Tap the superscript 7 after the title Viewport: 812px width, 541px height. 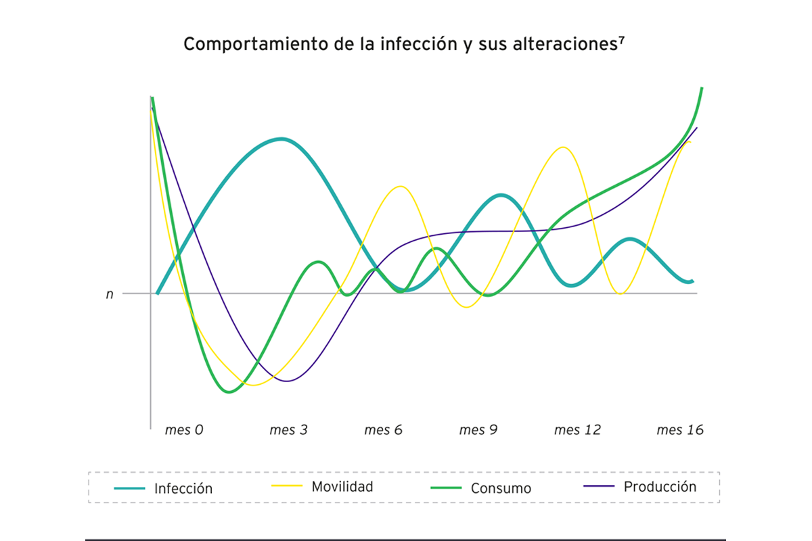[x=621, y=39]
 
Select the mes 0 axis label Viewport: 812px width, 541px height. [x=184, y=430]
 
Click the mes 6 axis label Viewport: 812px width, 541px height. [x=383, y=430]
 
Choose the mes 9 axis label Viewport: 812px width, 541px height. [x=478, y=430]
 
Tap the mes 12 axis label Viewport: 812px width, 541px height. [x=577, y=430]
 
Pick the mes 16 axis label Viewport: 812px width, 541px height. [x=679, y=430]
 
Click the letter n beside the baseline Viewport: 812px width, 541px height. [x=110, y=294]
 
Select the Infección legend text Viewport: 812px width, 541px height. [x=183, y=489]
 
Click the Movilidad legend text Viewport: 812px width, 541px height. [x=342, y=487]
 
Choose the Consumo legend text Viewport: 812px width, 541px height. [x=501, y=489]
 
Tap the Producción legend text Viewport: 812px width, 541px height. [x=660, y=487]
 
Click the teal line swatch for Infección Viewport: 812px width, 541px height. [x=129, y=488]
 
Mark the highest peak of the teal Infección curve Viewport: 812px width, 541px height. [x=281, y=139]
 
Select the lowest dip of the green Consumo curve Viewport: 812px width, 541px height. [x=229, y=392]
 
